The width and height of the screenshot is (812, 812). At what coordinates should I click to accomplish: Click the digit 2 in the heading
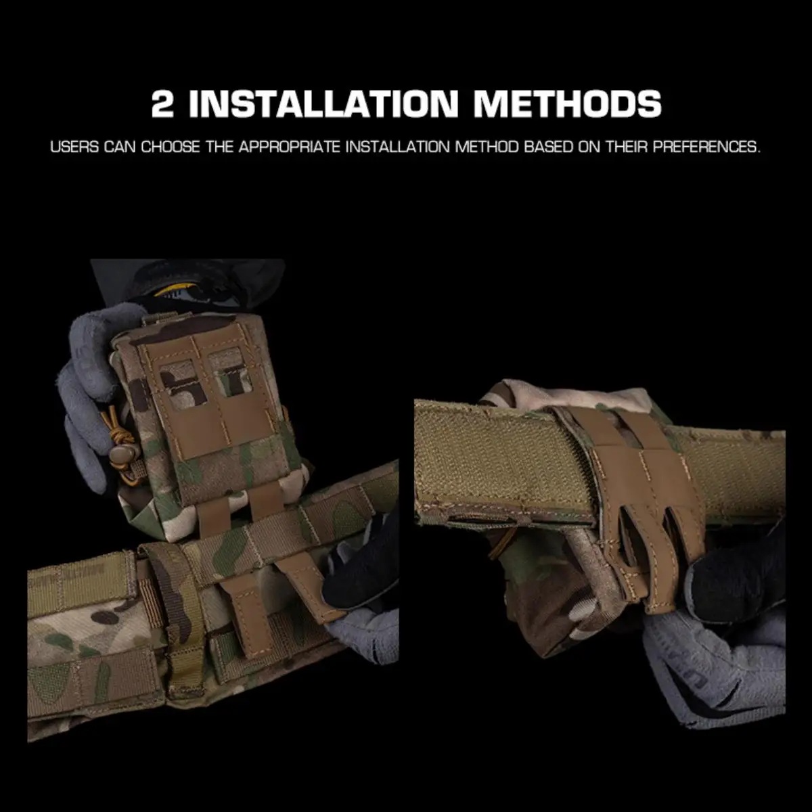coord(162,104)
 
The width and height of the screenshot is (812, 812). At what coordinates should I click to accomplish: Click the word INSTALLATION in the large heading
coord(323,104)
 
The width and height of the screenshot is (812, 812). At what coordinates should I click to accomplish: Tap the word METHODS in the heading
coord(567,104)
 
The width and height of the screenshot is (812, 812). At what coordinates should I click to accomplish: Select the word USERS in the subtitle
coord(74,147)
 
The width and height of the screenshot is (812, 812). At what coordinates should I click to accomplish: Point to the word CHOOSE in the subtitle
coord(171,147)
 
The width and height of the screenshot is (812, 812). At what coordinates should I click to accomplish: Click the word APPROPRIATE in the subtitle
coord(290,147)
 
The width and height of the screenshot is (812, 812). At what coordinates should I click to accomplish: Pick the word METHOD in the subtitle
coord(487,147)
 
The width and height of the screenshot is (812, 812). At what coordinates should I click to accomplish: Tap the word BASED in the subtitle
coord(549,147)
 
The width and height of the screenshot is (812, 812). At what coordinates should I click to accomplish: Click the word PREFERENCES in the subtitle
coord(706,147)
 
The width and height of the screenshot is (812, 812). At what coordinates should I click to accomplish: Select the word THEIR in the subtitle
coord(627,147)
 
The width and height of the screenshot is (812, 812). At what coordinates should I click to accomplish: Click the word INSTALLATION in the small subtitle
coord(398,147)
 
